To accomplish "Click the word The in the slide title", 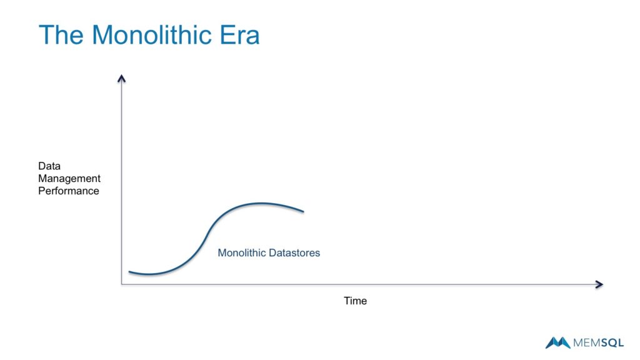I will pyautogui.click(x=61, y=35).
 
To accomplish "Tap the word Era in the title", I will pyautogui.click(x=240, y=35).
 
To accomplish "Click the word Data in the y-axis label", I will pyautogui.click(x=49, y=166).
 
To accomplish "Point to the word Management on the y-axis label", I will pyautogui.click(x=69, y=179).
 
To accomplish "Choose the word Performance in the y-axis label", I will pyautogui.click(x=69, y=191).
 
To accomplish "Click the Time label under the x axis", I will pyautogui.click(x=355, y=301).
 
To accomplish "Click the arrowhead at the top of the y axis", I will pyautogui.click(x=122, y=77).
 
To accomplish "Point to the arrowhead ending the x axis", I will pyautogui.click(x=599, y=284).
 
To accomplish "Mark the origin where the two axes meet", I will pyautogui.click(x=122, y=284).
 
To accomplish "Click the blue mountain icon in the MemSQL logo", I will pyautogui.click(x=557, y=342).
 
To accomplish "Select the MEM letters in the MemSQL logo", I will pyautogui.click(x=586, y=342).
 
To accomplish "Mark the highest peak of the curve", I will pyautogui.click(x=261, y=203).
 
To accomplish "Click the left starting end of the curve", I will pyautogui.click(x=129, y=272).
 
